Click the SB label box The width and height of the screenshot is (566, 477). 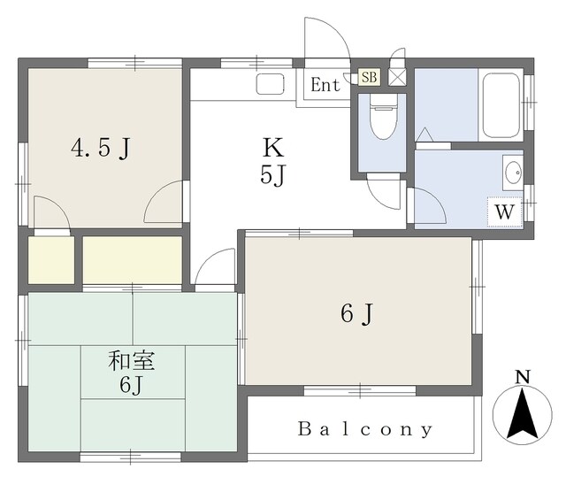tap(369, 77)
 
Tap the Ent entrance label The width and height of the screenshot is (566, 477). tap(325, 85)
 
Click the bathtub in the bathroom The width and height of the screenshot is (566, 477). tap(501, 105)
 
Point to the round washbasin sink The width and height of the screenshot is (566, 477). tap(513, 173)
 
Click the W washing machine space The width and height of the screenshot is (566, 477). tap(504, 212)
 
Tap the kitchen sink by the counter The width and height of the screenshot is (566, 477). tap(270, 84)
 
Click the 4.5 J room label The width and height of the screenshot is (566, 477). tap(100, 148)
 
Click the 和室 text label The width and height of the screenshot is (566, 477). tap(132, 361)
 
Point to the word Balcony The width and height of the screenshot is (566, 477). tap(365, 429)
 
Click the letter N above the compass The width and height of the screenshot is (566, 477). tap(523, 377)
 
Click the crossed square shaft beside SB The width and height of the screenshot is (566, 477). tap(397, 77)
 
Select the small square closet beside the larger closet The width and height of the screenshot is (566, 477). tap(51, 260)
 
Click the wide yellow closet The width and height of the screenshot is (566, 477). tap(133, 260)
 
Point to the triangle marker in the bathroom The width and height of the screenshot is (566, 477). tap(424, 135)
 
